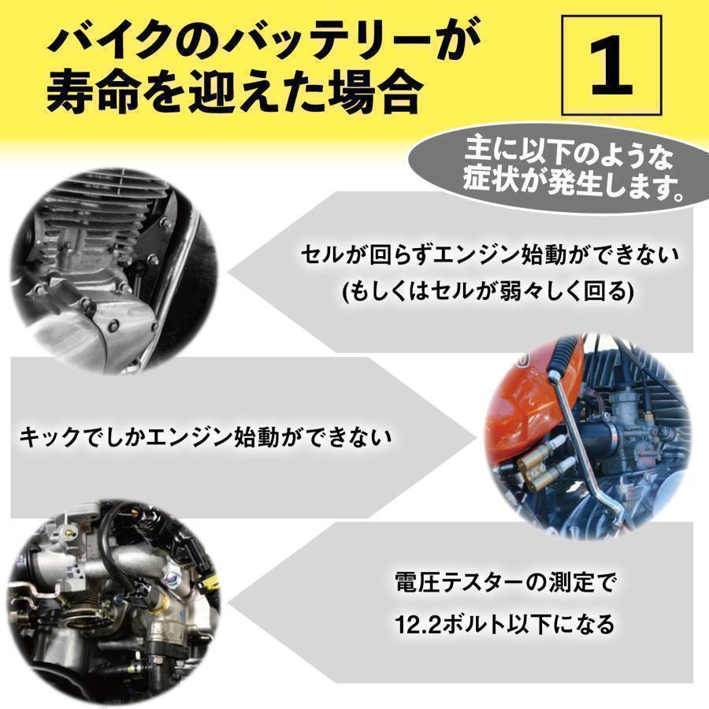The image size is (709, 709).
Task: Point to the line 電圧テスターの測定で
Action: point(504,584)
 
